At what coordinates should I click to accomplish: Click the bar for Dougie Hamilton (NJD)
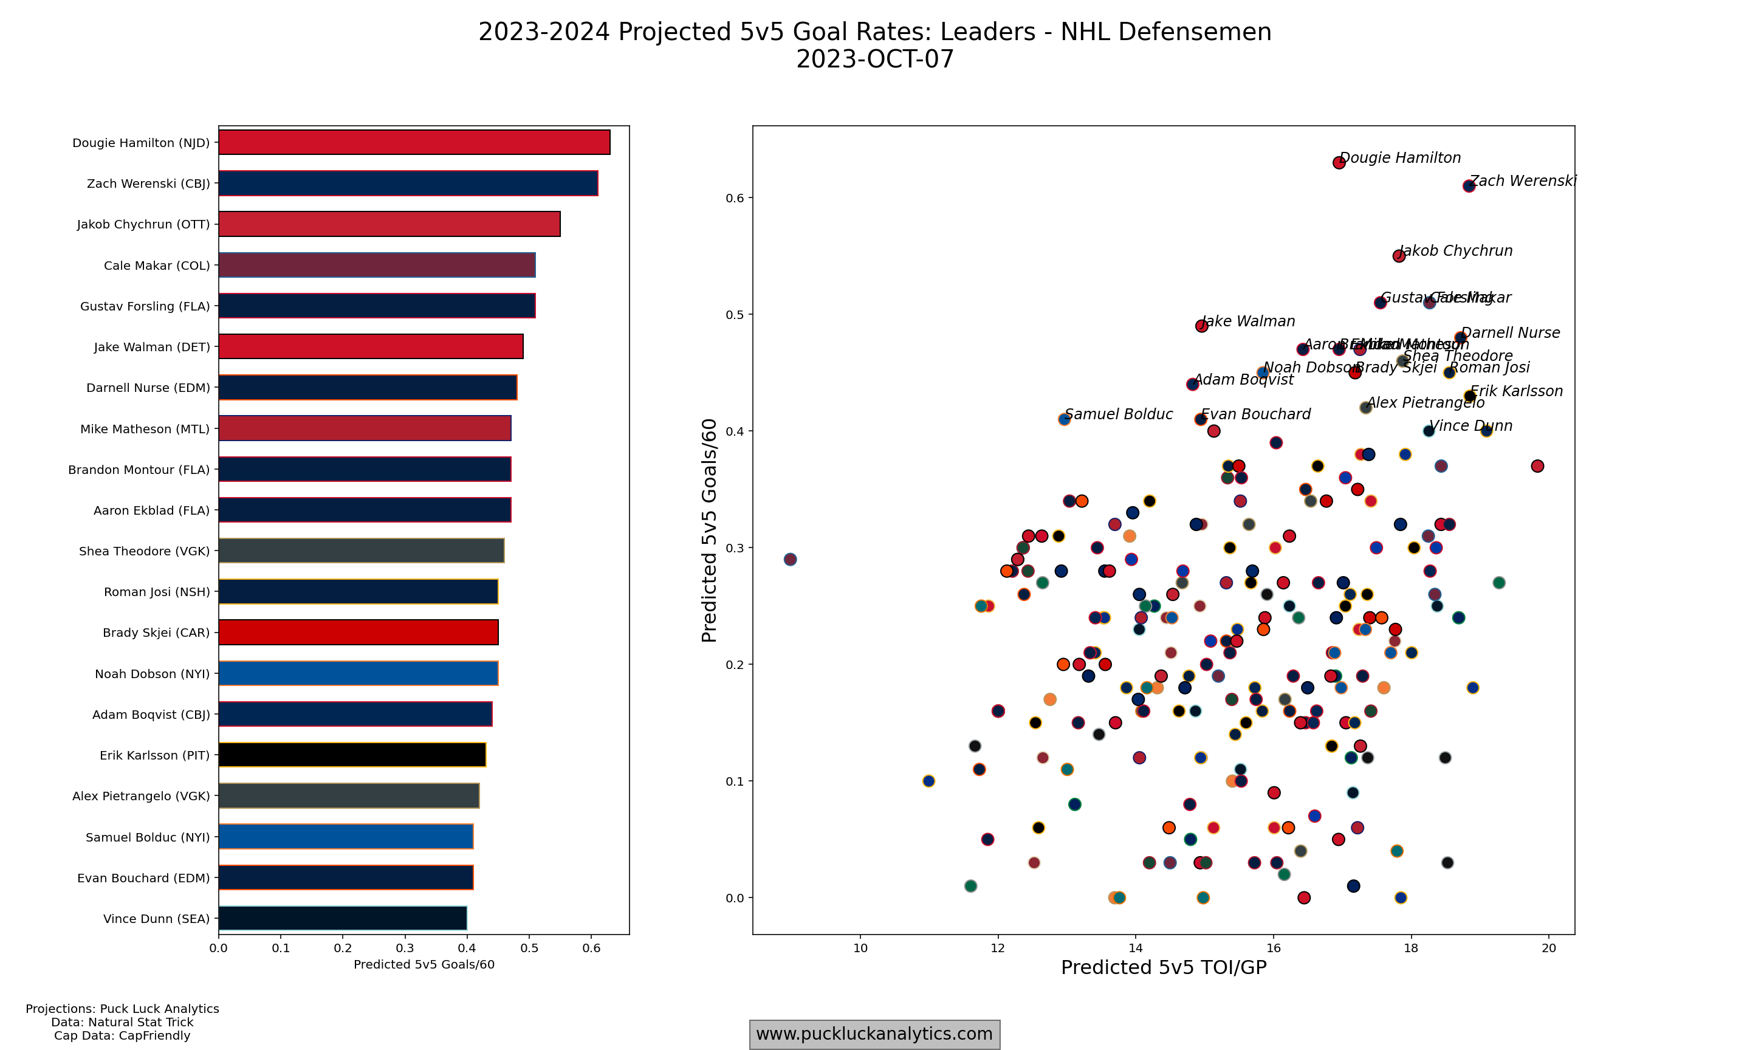pos(414,142)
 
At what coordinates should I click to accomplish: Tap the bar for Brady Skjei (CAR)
pos(358,632)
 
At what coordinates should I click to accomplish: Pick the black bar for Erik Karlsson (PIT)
pos(352,755)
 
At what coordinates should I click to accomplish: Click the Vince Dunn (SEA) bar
pos(342,918)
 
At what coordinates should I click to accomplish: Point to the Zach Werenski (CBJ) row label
pos(148,184)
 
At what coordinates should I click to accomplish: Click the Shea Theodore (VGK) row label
pos(144,551)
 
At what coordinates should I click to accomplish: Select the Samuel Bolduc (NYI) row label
pos(147,837)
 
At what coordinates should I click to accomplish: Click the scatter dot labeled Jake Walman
pos(1201,326)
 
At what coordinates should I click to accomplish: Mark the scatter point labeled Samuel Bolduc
pos(1064,420)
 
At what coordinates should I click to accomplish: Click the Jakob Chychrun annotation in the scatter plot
pos(1456,250)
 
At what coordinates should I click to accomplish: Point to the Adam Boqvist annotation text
pos(1243,379)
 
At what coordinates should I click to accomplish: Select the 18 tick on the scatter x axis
pos(1411,948)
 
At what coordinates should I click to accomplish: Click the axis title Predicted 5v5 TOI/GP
pos(1164,968)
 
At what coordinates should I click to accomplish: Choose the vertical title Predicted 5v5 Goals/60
pos(709,530)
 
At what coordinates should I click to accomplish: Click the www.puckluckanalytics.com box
pos(874,1034)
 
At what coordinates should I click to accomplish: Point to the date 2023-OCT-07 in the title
pos(875,60)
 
